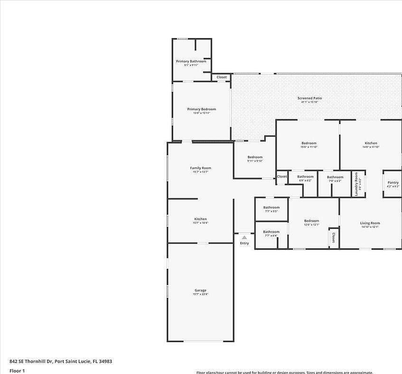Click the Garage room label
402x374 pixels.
[x=200, y=290]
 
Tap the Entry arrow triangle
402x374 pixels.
[x=244, y=237]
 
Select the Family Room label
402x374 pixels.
[x=200, y=168]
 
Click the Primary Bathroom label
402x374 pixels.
[x=191, y=61]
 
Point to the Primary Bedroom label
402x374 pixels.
[x=201, y=109]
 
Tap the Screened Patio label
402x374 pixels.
[x=309, y=98]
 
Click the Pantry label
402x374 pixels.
[x=393, y=182]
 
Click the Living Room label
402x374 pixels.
[x=370, y=223]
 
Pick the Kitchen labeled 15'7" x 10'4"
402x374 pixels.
[x=200, y=219]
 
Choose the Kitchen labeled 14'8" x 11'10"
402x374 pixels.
[x=371, y=143]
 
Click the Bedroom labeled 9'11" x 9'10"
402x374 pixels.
[x=255, y=157]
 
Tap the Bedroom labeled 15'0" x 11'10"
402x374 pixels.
[x=309, y=143]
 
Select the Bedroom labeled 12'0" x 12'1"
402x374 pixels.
[x=311, y=221]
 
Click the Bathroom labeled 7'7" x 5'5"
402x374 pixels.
[x=271, y=208]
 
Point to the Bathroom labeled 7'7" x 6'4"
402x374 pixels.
[x=271, y=232]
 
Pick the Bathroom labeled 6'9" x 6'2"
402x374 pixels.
[x=305, y=177]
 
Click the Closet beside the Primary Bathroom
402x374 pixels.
[x=222, y=77]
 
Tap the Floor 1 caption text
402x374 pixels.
[x=17, y=371]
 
